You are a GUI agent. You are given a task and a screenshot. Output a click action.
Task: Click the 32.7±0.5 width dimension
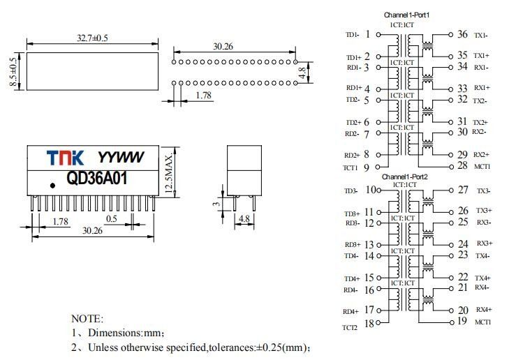92,38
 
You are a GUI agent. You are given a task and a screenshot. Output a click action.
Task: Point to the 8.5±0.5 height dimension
13,72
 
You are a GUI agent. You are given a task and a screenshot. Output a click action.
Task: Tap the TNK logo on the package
65,158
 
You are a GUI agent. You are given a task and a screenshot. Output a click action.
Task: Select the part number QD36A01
97,178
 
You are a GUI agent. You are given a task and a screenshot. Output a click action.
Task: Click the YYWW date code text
121,158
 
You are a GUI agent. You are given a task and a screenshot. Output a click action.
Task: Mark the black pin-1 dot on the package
52,186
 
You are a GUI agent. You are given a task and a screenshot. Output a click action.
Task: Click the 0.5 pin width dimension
112,218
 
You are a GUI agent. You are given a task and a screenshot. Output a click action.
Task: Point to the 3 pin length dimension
216,204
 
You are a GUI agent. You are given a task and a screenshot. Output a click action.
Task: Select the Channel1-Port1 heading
407,15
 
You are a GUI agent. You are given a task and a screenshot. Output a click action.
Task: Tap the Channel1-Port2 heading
405,177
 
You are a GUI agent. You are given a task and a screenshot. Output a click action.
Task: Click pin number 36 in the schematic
462,34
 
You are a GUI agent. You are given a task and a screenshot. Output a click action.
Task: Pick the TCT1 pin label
350,168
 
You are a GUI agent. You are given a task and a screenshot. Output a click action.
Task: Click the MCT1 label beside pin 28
482,167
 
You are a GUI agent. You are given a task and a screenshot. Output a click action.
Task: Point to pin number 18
369,324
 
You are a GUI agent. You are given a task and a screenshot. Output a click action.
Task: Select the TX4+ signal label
482,278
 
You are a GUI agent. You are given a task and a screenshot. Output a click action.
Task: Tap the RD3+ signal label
353,245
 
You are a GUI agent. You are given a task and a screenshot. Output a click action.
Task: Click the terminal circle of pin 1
378,34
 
